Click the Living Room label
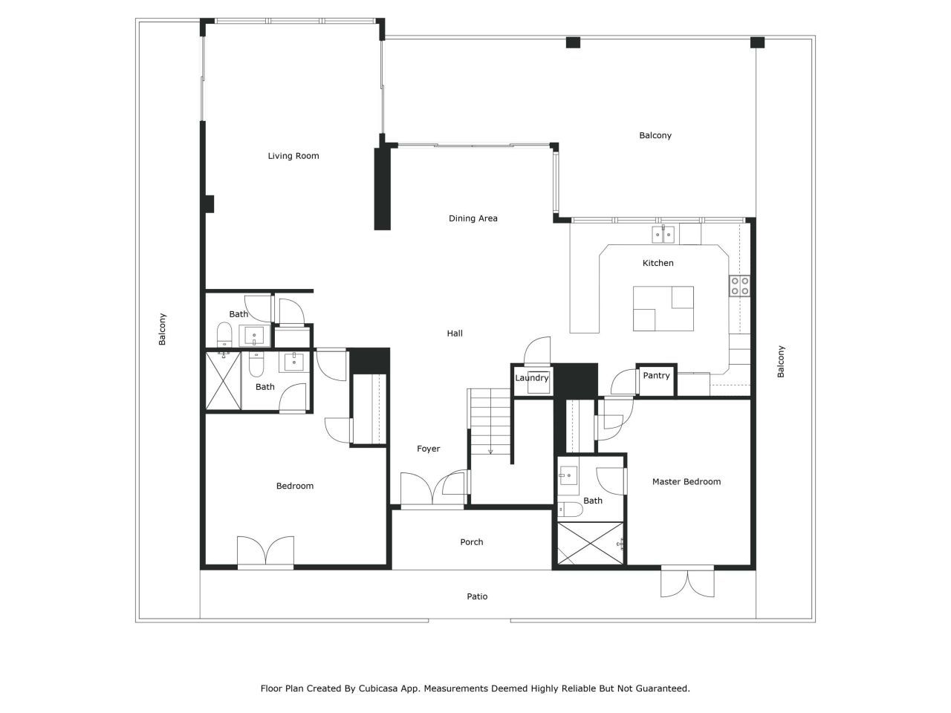tap(293, 156)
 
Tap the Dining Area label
tap(473, 218)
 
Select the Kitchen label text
tap(658, 263)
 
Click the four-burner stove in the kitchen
tap(739, 286)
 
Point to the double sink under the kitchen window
tap(663, 235)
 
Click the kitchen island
tap(663, 308)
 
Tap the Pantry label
tap(656, 375)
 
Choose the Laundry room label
tap(532, 378)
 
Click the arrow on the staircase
tap(490, 451)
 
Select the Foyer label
tap(428, 449)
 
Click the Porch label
tap(471, 541)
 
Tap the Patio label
tap(477, 596)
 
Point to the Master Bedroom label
tap(687, 481)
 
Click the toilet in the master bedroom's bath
tap(570, 509)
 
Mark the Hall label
tap(455, 333)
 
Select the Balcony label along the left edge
tap(162, 329)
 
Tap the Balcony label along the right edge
tap(781, 362)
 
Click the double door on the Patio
tap(687, 582)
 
